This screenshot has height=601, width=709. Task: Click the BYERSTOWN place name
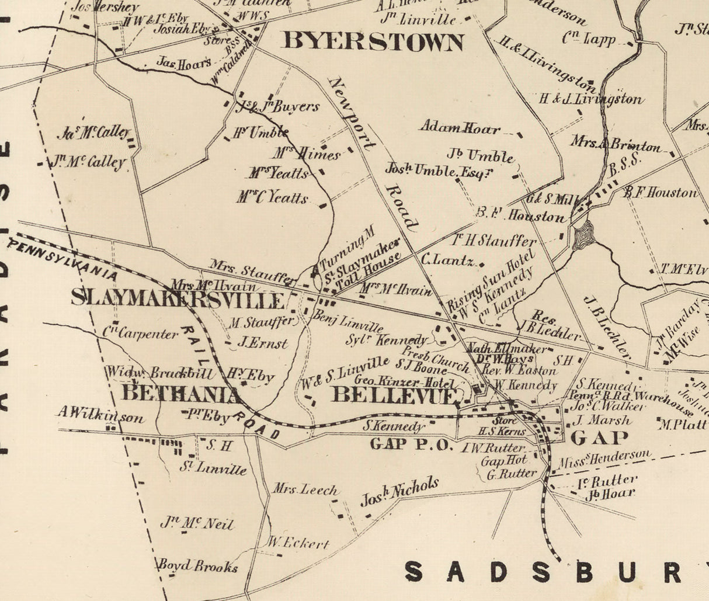[373, 41]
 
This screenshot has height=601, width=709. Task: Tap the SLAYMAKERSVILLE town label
[178, 299]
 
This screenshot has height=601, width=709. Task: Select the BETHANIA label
[181, 393]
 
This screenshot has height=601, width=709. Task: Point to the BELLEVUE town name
[393, 395]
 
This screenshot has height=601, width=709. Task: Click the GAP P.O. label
[412, 444]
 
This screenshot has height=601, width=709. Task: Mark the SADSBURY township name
[555, 572]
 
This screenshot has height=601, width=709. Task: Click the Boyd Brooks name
[197, 566]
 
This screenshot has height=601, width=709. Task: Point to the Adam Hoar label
[460, 128]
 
